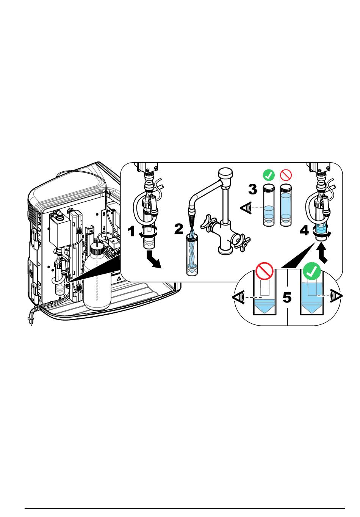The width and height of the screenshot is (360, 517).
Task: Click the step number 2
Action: coord(179,229)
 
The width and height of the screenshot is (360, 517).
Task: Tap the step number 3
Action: coord(252,189)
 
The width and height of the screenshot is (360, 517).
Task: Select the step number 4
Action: coord(304,230)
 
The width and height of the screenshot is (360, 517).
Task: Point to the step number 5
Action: coord(287,298)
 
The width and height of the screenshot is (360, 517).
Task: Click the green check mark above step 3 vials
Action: coord(269,175)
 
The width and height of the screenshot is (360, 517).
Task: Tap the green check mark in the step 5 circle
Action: coord(311,271)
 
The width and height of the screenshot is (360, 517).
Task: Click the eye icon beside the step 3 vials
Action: coord(246,208)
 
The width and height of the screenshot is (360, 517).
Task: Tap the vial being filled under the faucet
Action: coord(193,255)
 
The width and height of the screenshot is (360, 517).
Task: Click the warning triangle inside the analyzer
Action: coord(119,279)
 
